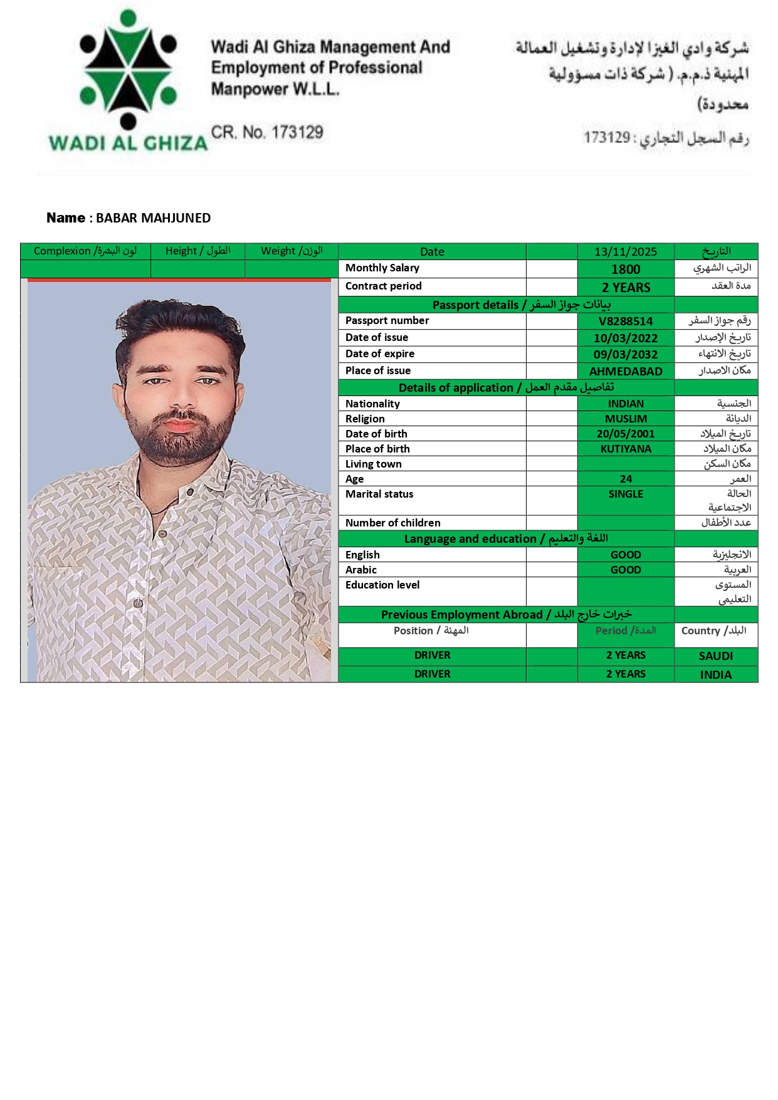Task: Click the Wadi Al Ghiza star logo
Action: (x=128, y=69)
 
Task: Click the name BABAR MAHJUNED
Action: (x=153, y=218)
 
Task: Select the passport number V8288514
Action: (x=625, y=322)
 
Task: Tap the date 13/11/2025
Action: (x=625, y=252)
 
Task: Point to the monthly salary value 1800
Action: (x=625, y=270)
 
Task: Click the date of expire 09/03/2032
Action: (x=625, y=355)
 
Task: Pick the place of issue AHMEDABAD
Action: (x=625, y=372)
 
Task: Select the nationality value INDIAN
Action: (x=625, y=404)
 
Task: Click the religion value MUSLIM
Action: (x=625, y=419)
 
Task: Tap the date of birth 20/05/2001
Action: (x=625, y=434)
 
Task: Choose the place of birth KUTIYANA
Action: (x=625, y=449)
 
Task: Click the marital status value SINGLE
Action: (x=625, y=495)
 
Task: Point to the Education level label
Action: (x=382, y=585)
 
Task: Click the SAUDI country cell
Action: (x=715, y=656)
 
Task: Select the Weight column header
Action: (x=292, y=251)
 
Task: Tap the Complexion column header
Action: (x=85, y=251)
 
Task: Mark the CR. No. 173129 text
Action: (x=267, y=132)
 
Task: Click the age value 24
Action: (x=625, y=479)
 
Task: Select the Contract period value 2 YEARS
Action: (x=625, y=288)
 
